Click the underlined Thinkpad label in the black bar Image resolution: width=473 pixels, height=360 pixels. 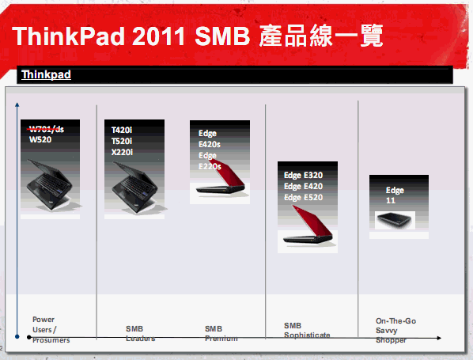point(46,75)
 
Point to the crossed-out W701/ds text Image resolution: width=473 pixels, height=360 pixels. point(46,129)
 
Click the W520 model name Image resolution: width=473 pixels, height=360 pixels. point(40,139)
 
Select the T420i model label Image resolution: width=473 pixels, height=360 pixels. point(122,130)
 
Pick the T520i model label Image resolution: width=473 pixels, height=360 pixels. point(122,140)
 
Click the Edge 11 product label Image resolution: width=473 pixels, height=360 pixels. point(395,195)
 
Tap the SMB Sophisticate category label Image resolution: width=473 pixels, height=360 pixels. point(307,330)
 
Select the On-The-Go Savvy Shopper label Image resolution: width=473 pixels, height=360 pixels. point(393,330)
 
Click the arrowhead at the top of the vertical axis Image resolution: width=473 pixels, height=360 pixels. point(15,104)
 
